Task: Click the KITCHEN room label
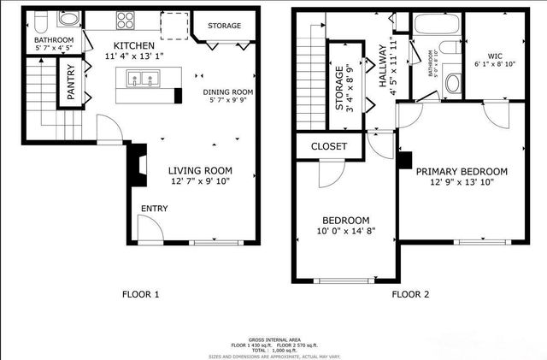(x=134, y=45)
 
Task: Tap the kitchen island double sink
(x=141, y=80)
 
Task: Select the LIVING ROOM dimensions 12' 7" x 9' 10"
(x=199, y=181)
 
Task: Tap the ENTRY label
(x=155, y=209)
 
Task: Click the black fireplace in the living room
(x=137, y=165)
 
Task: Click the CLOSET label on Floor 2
(x=329, y=146)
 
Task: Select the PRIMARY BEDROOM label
(x=462, y=171)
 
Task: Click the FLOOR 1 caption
(x=141, y=295)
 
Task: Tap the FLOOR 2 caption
(x=410, y=295)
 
